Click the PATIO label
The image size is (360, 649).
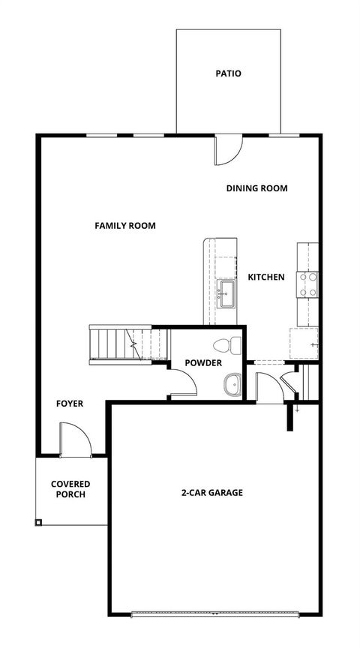[228, 74]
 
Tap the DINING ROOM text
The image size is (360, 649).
[256, 188]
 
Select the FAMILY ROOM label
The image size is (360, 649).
[125, 225]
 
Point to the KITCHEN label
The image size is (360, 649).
[266, 277]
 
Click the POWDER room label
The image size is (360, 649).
[203, 363]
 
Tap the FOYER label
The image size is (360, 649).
[70, 404]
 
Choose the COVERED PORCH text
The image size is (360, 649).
[70, 489]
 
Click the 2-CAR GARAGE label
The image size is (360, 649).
[211, 493]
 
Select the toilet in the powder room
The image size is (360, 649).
[226, 346]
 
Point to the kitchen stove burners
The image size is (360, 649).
[307, 283]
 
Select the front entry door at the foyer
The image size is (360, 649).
[75, 439]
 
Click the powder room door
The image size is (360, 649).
[184, 383]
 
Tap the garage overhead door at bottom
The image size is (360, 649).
[214, 614]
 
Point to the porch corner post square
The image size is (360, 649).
[38, 522]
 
